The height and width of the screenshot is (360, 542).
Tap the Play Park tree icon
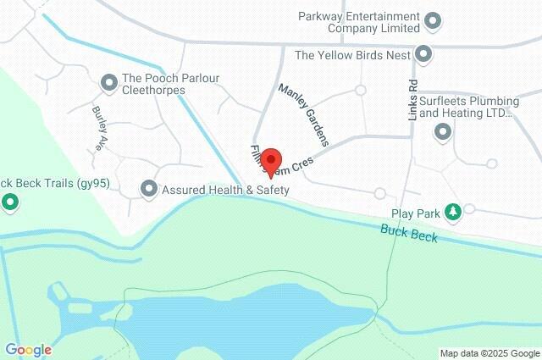453,211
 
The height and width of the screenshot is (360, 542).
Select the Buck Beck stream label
409,234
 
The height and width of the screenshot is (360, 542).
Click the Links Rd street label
413,100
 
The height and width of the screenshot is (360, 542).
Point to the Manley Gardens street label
302,114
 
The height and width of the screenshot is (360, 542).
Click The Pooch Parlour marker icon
108,82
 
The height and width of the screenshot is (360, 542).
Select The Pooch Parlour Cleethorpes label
169,84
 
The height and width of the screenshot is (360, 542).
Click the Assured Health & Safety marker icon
149,188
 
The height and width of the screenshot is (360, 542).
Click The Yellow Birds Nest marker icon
424,55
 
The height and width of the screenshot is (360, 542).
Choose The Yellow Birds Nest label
352,56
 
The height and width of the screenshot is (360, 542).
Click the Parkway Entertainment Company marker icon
433,19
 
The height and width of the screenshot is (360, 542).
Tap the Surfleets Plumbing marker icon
441,131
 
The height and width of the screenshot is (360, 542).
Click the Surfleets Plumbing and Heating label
467,105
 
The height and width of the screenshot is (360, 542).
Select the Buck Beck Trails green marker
10,202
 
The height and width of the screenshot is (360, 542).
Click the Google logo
27,350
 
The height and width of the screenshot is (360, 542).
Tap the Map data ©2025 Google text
489,353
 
